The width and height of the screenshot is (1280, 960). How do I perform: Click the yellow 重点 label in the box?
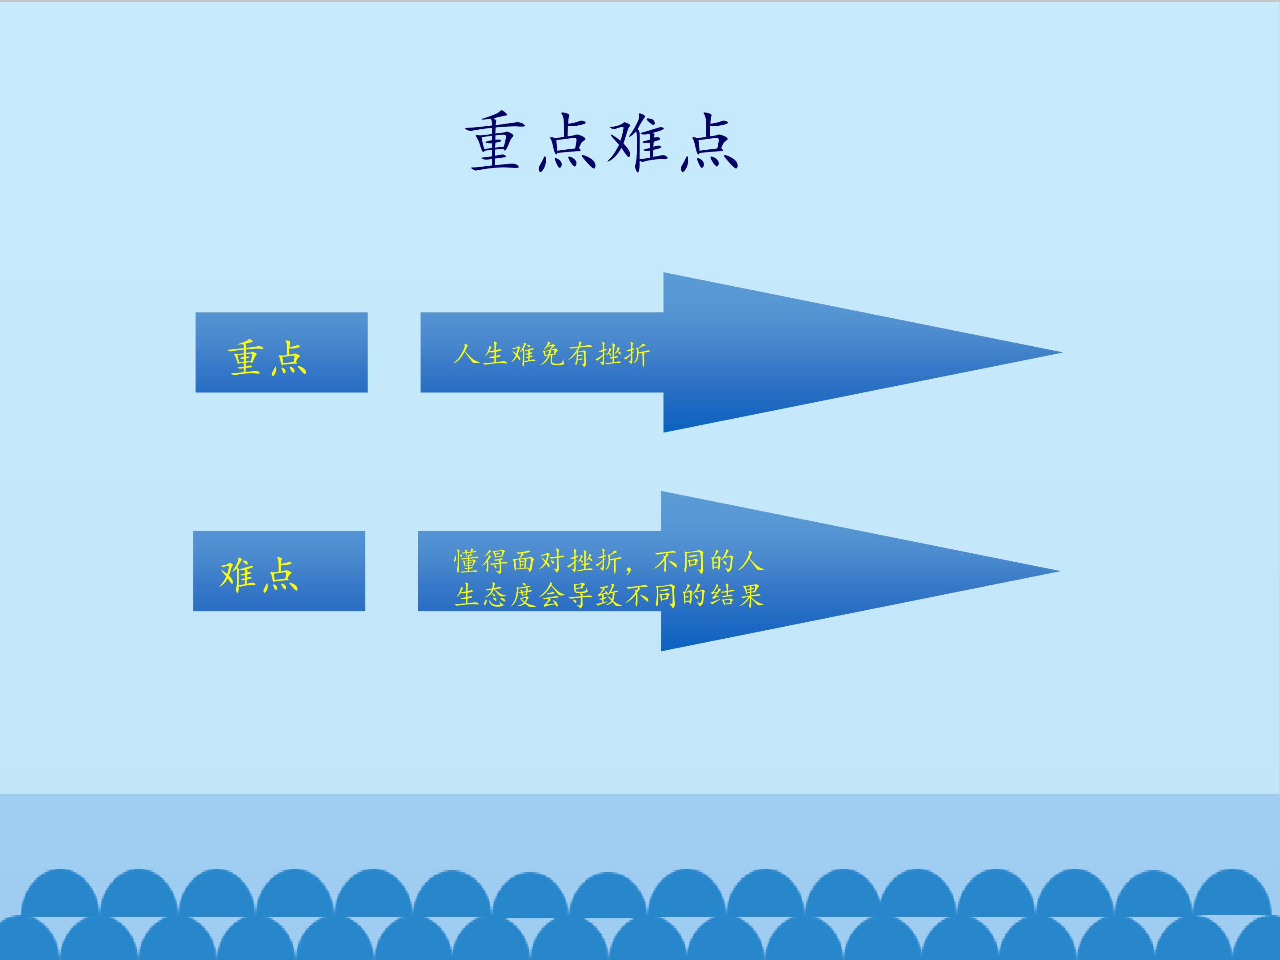tap(268, 358)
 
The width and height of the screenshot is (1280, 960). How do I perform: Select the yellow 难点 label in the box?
tap(259, 575)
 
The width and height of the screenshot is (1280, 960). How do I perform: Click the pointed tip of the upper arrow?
tap(1062, 352)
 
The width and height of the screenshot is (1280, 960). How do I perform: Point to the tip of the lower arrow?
tap(1060, 571)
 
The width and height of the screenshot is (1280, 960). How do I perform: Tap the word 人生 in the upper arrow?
tap(480, 354)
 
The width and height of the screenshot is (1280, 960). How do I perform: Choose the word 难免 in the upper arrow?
tap(538, 354)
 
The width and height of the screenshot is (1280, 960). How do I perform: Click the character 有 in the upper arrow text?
tap(580, 354)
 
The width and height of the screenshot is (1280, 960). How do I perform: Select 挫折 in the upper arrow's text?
tap(623, 354)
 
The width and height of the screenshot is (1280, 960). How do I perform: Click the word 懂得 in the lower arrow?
tap(481, 561)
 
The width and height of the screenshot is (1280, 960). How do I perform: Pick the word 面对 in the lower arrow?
tap(539, 561)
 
